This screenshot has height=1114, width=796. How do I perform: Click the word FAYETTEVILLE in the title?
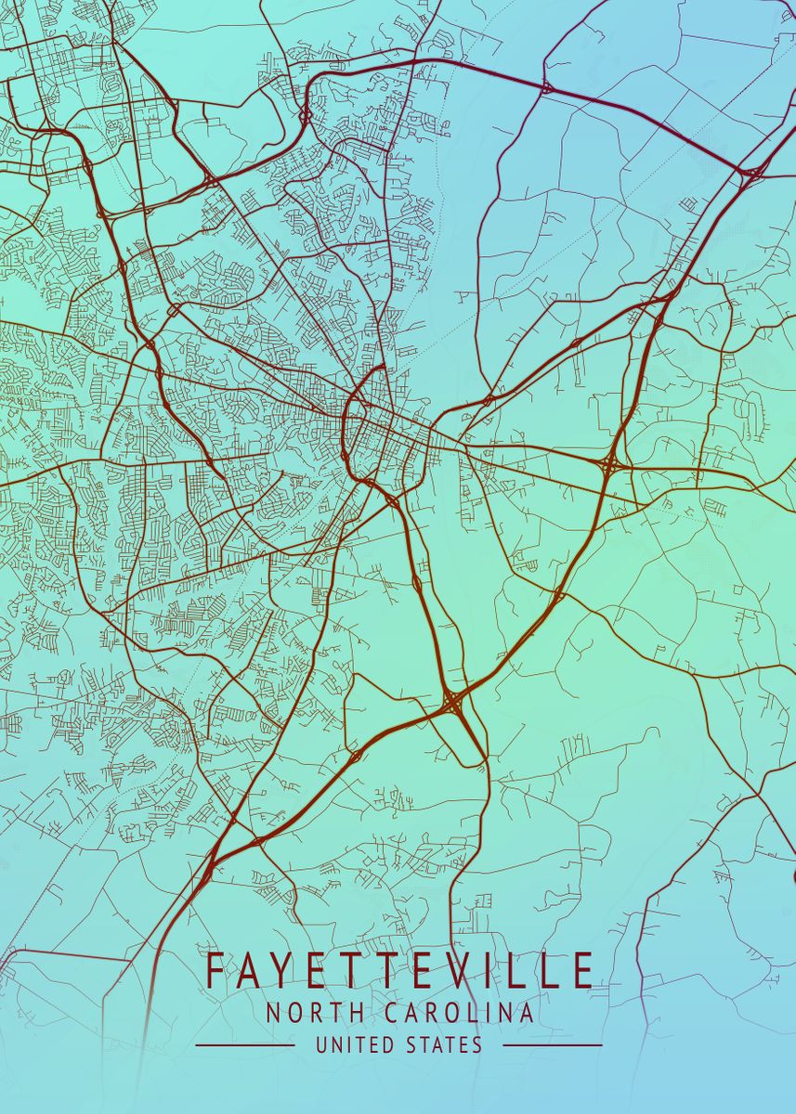pos(399,971)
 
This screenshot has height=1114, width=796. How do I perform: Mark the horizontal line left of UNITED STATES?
pos(245,1045)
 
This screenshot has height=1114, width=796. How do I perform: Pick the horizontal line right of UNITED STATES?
pos(553,1045)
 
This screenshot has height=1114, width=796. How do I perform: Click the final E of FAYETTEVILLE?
pos(582,971)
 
